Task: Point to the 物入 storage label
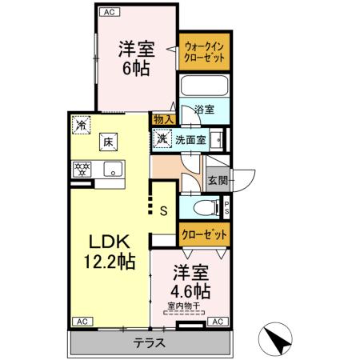pyautogui.click(x=162, y=119)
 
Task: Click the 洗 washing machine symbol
pyautogui.click(x=162, y=139)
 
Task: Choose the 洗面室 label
pyautogui.click(x=190, y=139)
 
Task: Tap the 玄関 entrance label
pyautogui.click(x=217, y=181)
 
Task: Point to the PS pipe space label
pyautogui.click(x=226, y=209)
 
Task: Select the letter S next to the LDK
pyautogui.click(x=162, y=211)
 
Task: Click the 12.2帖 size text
pyautogui.click(x=108, y=262)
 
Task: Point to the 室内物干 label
pyautogui.click(x=185, y=305)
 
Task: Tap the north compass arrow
pyautogui.click(x=278, y=340)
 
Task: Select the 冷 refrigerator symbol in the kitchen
pyautogui.click(x=81, y=125)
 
